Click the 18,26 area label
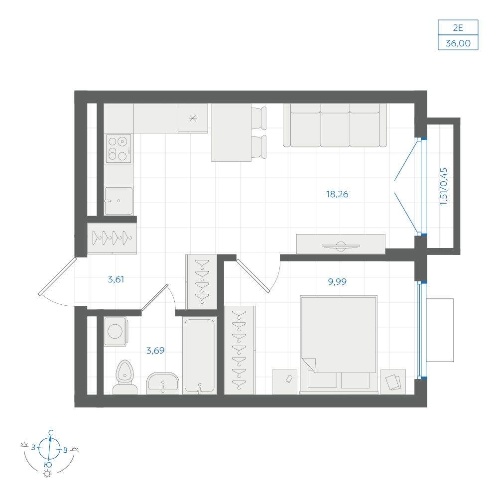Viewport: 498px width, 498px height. [x=337, y=194]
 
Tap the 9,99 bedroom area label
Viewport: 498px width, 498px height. [x=337, y=281]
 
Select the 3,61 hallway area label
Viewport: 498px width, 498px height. [x=116, y=279]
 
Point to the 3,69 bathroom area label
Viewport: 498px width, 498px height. [x=155, y=350]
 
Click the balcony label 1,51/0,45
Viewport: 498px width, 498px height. [x=444, y=187]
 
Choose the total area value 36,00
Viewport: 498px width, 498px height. [x=458, y=43]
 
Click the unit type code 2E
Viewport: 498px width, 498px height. [x=458, y=28]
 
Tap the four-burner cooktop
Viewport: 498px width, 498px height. [x=119, y=148]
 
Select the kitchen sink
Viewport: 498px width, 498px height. [x=119, y=201]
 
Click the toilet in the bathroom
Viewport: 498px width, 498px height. [x=125, y=377]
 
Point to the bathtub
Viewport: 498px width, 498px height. [x=200, y=356]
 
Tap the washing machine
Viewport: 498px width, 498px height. [x=116, y=331]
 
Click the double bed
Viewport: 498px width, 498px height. [x=339, y=345]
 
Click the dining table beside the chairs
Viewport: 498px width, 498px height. [x=232, y=132]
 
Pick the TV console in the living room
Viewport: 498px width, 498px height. [x=341, y=244]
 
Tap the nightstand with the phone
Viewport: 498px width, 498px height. [x=284, y=382]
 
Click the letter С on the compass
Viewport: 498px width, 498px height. [x=50, y=432]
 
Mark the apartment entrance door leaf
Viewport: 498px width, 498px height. [x=57, y=276]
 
